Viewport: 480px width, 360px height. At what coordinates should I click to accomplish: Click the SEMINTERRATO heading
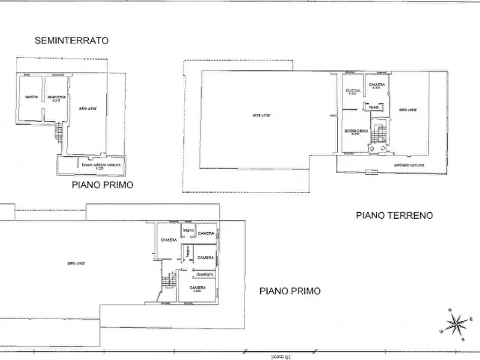coord(71,40)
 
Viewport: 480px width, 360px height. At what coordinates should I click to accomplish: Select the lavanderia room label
coord(56,97)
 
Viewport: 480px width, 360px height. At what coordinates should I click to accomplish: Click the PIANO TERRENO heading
coord(394,215)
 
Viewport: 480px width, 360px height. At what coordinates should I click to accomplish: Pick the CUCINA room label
coord(353,91)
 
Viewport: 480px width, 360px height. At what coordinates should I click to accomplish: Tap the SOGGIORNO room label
coord(356,132)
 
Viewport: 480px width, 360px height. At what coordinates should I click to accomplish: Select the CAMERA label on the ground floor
coord(377,86)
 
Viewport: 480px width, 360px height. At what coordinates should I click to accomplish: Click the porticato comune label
coord(409,165)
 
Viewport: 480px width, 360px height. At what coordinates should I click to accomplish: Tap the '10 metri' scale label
coord(280,355)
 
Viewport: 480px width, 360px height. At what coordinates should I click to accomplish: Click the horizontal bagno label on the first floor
coord(188,231)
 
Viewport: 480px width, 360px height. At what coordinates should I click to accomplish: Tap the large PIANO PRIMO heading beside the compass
coord(290,291)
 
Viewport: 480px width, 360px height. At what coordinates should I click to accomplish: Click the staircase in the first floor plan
coord(169,279)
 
